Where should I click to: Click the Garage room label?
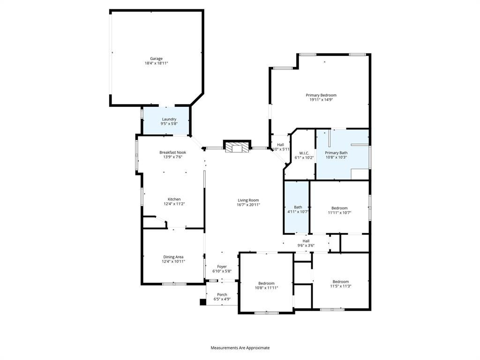(x=156, y=59)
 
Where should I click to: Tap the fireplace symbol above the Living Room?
(x=237, y=146)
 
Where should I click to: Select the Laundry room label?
(x=169, y=119)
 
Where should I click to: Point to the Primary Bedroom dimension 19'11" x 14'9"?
(x=321, y=99)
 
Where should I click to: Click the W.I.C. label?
(x=304, y=153)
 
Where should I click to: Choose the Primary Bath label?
(x=336, y=153)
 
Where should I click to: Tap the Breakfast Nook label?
(x=172, y=152)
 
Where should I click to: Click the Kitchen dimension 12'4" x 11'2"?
(x=174, y=203)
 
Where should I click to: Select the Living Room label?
(x=248, y=200)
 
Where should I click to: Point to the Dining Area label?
(x=173, y=257)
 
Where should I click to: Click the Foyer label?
(x=222, y=267)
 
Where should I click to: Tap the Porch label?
(x=222, y=295)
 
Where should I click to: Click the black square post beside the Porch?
(x=203, y=302)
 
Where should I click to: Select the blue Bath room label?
(x=298, y=207)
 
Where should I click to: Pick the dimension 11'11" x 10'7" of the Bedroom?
(x=339, y=212)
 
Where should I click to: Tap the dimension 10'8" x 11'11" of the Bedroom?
(x=266, y=288)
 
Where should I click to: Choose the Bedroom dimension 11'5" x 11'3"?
(x=341, y=286)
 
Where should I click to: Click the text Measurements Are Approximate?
(x=240, y=348)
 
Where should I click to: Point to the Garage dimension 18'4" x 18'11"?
(x=157, y=63)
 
